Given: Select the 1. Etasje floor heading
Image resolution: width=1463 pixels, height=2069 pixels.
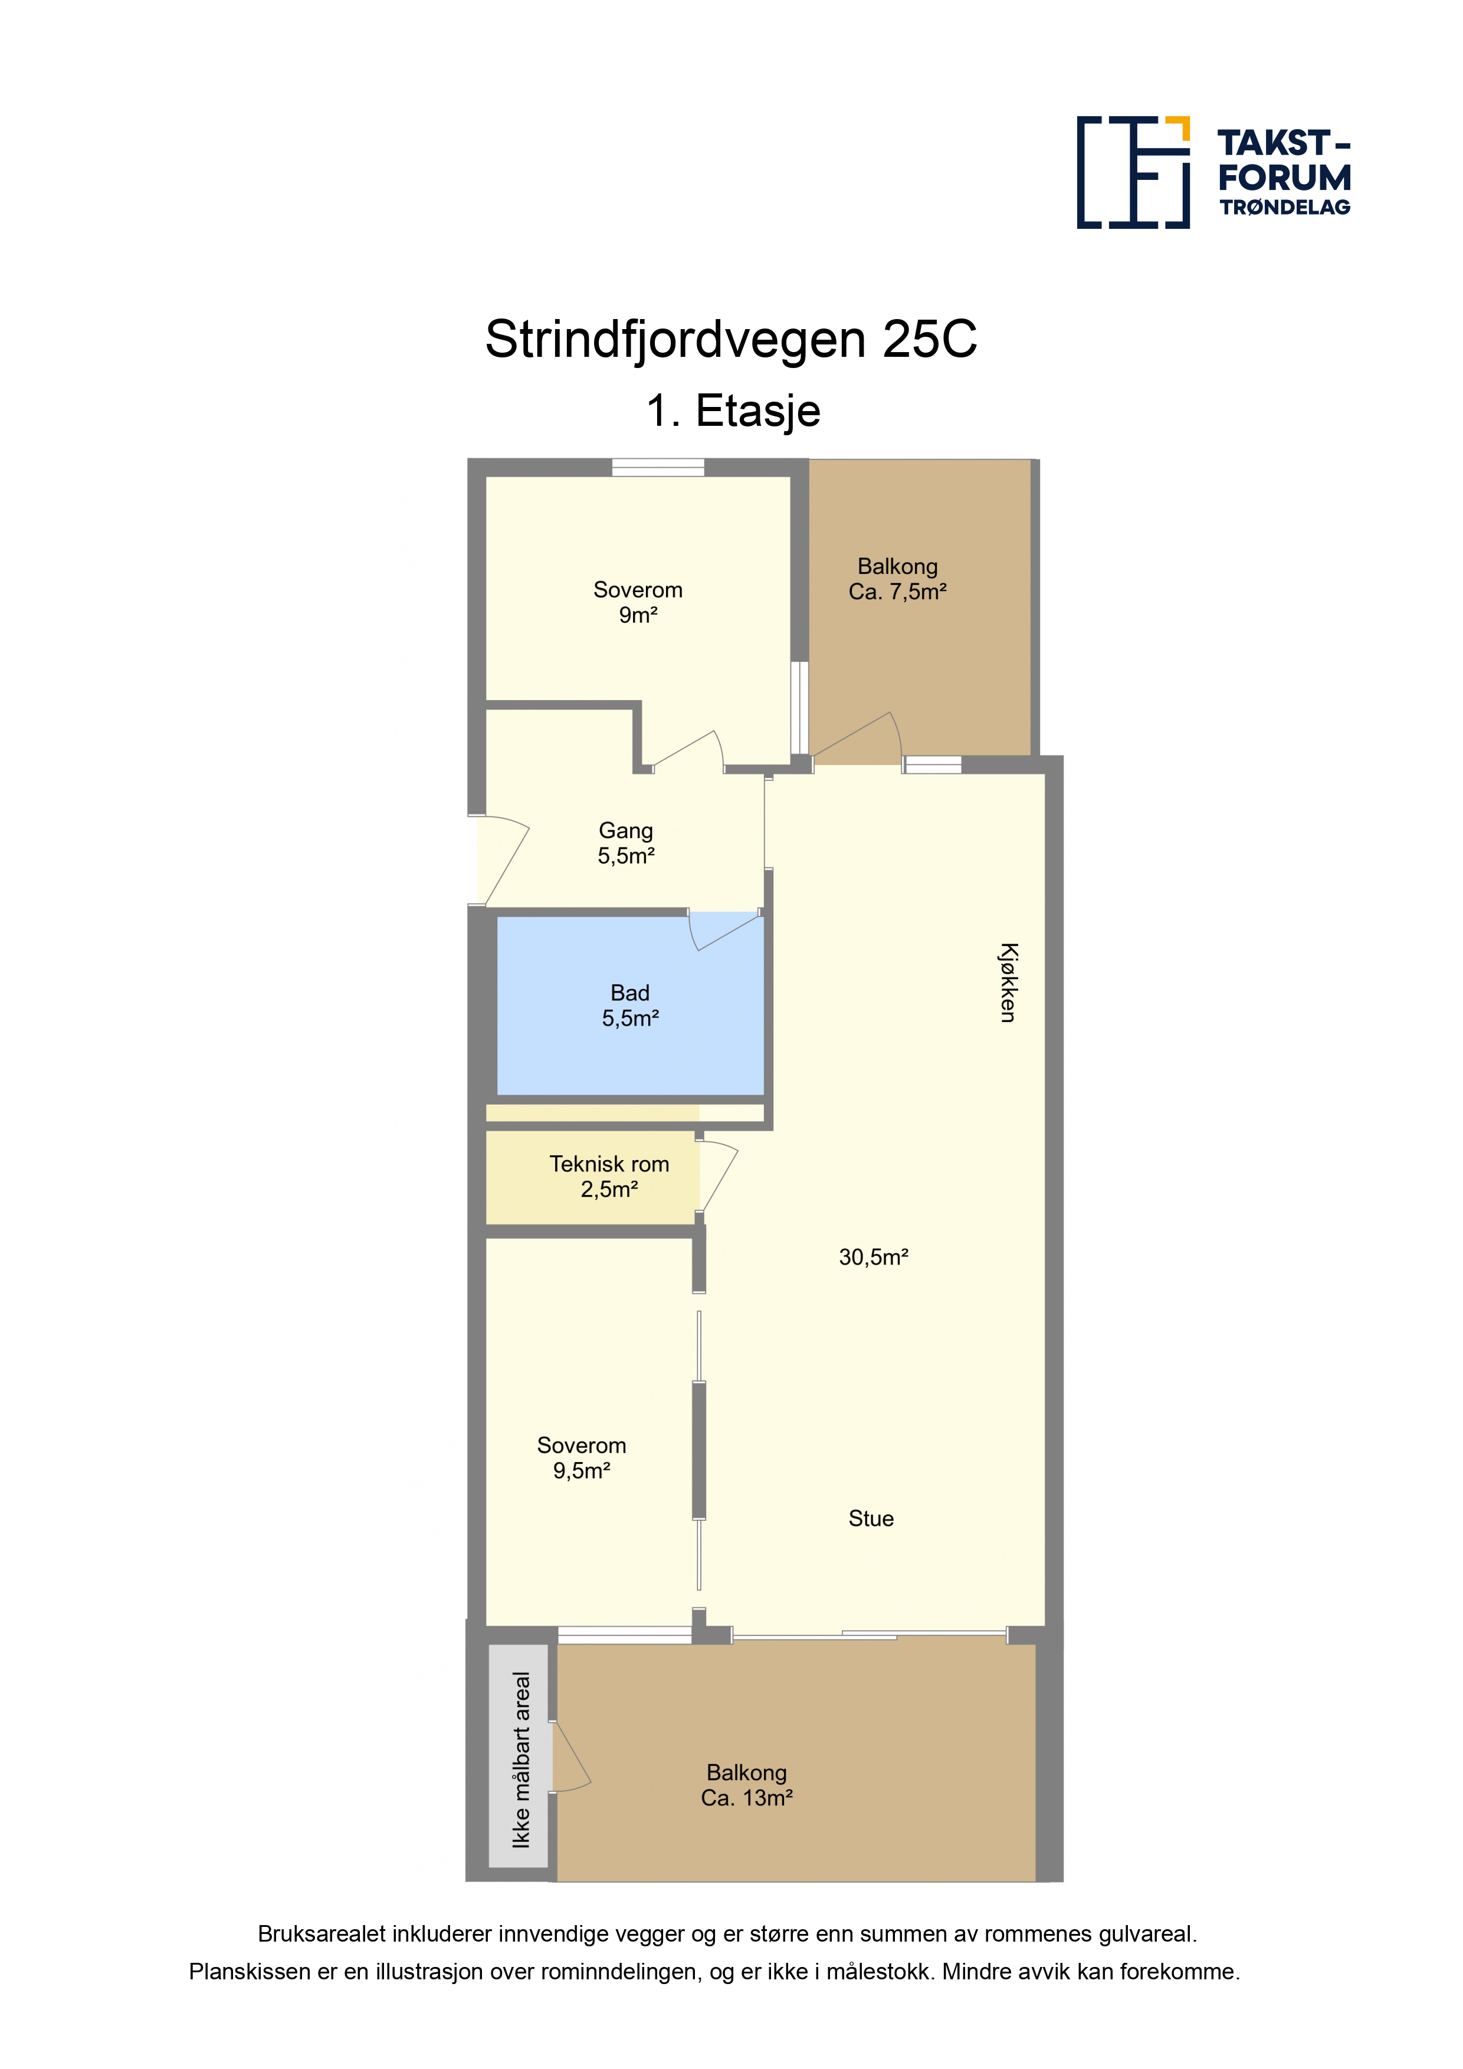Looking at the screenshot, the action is pos(733,411).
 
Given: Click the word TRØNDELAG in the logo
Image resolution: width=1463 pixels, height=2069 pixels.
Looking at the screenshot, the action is pos(1284,207).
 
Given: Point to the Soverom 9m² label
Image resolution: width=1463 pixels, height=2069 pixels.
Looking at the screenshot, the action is pos(638,602).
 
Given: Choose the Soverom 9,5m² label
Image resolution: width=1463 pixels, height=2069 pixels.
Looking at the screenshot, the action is pos(582,1458).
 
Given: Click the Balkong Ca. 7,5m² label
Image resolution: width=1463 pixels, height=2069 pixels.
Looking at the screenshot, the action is pos(898,579).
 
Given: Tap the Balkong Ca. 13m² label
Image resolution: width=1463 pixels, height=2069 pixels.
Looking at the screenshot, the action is pos(746,1785).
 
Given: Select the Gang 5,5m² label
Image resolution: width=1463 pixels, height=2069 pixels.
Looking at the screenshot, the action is pos(625,843).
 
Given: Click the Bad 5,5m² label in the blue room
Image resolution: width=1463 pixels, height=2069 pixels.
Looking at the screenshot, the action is pos(630,1006).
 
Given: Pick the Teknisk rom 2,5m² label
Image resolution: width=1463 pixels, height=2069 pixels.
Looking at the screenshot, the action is pos(609,1176).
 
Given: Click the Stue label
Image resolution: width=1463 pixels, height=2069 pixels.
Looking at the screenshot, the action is pos(871,1518).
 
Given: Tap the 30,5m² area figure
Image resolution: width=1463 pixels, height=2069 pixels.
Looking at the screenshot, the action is pos(874,1256).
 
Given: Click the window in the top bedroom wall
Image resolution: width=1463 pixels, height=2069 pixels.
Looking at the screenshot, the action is pos(658,467).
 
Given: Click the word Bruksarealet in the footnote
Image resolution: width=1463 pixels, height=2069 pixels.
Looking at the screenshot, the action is pos(323,1934).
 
